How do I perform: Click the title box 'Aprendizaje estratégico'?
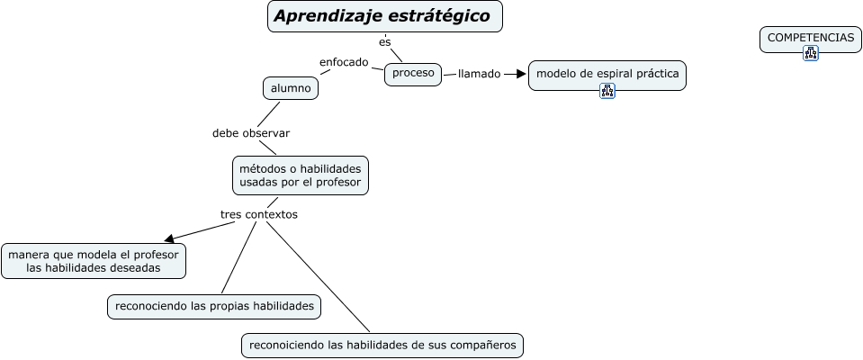pos(385,17)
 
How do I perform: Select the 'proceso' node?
pos(413,73)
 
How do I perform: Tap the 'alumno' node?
pos(291,88)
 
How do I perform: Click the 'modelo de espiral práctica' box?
pos(607,74)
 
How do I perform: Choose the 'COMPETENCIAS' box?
pos(810,38)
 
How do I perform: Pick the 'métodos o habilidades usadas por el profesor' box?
pos(300,175)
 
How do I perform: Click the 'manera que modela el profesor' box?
pos(94,261)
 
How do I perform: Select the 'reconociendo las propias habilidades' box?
pos(214,307)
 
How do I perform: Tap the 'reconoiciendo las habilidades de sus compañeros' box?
pos(382,345)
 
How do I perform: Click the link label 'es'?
pos(385,41)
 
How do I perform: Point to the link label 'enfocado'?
pos(344,62)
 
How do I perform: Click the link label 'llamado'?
pos(479,74)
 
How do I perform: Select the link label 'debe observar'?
pos(251,133)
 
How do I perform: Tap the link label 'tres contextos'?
pos(258,214)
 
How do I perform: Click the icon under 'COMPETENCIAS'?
pos(811,53)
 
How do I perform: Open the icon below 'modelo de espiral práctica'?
pos(607,90)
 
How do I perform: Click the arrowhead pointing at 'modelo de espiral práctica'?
pos(520,74)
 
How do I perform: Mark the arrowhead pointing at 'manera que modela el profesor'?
pos(167,238)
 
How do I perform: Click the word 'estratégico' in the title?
pos(438,17)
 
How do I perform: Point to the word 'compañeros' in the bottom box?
pos(482,345)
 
